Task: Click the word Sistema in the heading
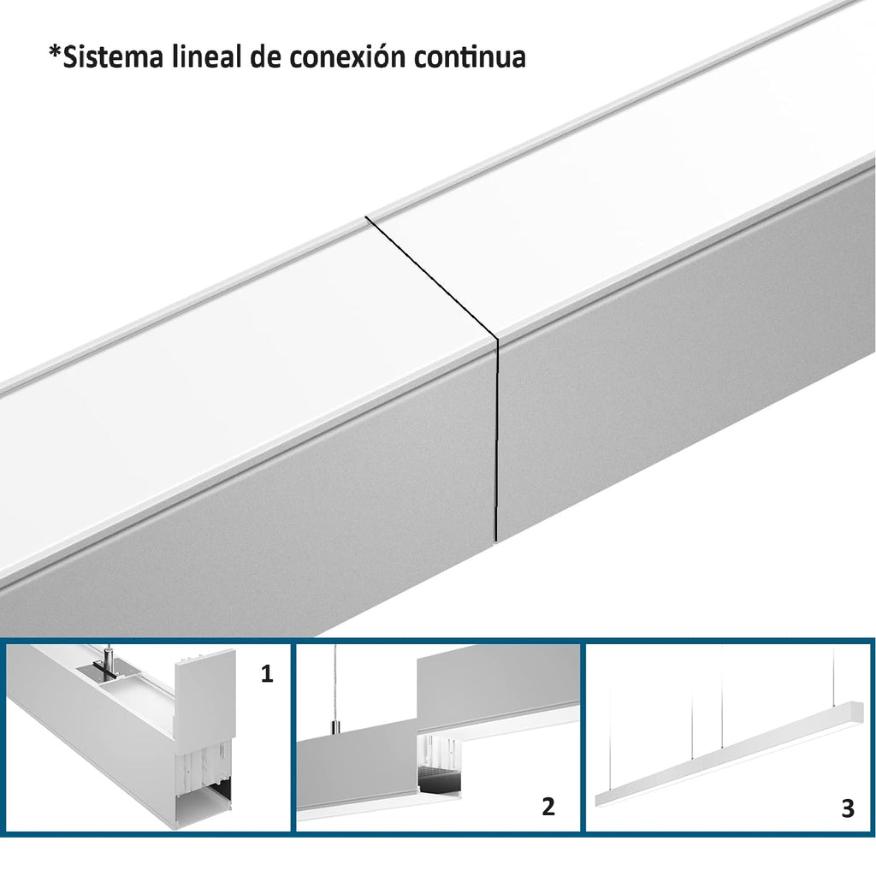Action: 112,57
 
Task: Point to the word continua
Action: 470,57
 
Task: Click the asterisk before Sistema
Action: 55,50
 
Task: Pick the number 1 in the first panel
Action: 267,674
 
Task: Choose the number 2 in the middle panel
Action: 548,807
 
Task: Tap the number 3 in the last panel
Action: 848,808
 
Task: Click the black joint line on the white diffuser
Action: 431,277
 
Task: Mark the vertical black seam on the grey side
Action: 495,440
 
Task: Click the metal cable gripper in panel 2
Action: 334,727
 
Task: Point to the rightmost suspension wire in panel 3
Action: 837,673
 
